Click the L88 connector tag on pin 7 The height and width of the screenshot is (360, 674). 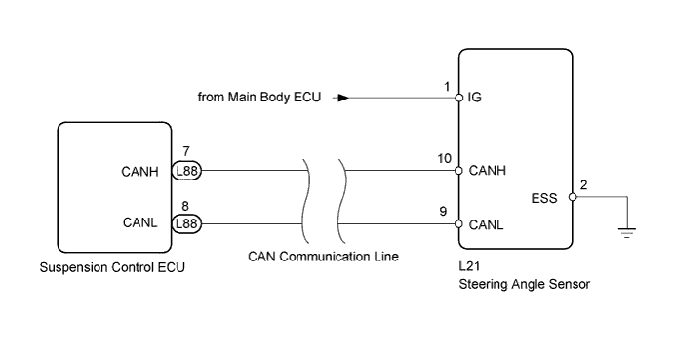pos(186,170)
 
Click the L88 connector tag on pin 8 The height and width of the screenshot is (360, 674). pos(186,223)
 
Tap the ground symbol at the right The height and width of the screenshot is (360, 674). pos(628,231)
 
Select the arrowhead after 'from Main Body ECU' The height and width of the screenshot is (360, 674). pos(342,98)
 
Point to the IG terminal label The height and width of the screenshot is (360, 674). pos(475,98)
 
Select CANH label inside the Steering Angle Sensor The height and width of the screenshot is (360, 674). pos(486,170)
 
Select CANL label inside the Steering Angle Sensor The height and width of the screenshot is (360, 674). pos(485,223)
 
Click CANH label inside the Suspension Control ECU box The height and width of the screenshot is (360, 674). pos(139,170)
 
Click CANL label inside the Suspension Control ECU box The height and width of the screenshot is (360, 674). pos(139,223)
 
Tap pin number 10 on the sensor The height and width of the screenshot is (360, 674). pos(445,157)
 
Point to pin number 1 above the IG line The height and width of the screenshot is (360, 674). pos(448,86)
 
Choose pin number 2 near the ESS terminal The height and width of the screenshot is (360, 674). pos(583,184)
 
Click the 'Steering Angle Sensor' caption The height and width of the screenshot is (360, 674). pos(524,285)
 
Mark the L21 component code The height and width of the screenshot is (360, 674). pos(467,266)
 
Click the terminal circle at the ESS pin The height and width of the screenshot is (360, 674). pos(572,197)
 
